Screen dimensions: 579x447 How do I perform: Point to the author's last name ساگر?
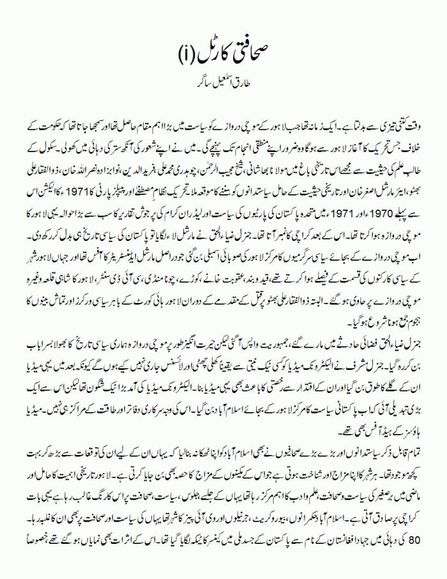[194, 83]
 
